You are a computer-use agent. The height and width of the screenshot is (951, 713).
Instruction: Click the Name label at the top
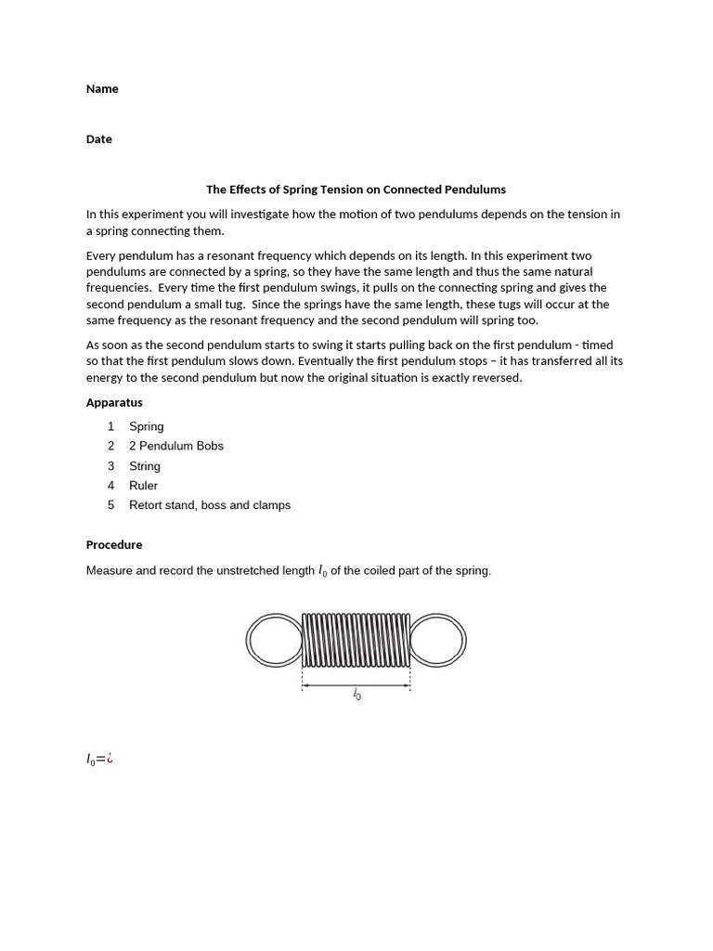tap(102, 89)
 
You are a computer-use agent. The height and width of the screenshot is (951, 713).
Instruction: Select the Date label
tap(99, 139)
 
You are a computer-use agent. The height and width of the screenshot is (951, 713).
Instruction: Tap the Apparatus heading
tap(114, 403)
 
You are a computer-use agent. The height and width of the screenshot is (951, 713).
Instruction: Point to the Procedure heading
tap(114, 545)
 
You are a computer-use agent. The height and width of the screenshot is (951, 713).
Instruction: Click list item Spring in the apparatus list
tap(147, 426)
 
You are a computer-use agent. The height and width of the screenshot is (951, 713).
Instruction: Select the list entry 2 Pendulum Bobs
tap(176, 446)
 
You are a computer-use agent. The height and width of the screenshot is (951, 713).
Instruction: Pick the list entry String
tap(145, 466)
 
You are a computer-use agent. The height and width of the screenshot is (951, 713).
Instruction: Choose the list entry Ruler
tap(144, 486)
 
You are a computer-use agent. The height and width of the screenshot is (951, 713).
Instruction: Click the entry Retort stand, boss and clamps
tap(210, 505)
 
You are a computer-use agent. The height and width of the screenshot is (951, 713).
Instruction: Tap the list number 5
tap(110, 505)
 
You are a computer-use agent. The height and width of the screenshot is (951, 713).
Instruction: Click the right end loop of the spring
tap(438, 640)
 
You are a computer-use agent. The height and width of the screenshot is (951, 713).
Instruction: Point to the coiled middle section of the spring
tap(356, 639)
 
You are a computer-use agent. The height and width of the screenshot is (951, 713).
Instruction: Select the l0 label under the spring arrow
tap(356, 694)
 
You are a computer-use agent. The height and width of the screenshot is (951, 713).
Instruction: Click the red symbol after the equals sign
tap(110, 759)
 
